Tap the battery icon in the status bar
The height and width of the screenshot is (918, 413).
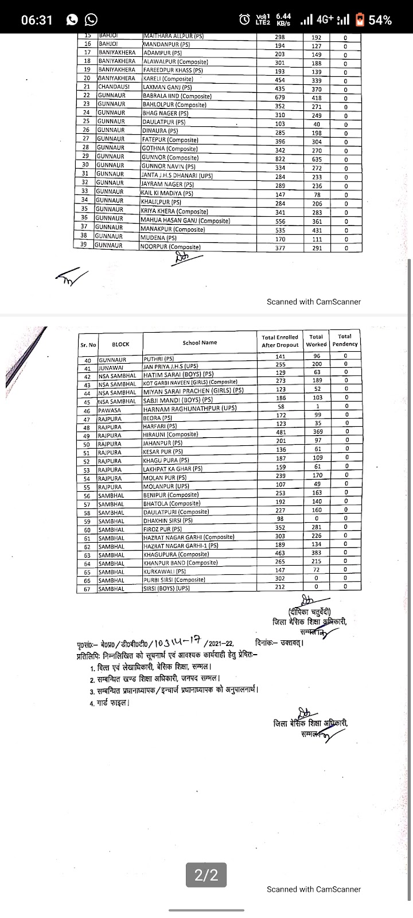pyautogui.click(x=360, y=20)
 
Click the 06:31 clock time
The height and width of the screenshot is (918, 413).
pyautogui.click(x=37, y=20)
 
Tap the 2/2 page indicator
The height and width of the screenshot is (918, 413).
pyautogui.click(x=206, y=876)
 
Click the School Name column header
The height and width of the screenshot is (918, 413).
pyautogui.click(x=200, y=343)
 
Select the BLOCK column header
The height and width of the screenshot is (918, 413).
pyautogui.click(x=120, y=344)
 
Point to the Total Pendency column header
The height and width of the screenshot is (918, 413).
pyautogui.click(x=345, y=340)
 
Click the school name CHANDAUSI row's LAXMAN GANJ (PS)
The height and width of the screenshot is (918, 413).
pyautogui.click(x=167, y=87)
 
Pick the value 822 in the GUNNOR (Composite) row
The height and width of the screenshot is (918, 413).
pyautogui.click(x=279, y=157)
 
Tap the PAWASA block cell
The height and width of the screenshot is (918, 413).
pyautogui.click(x=110, y=411)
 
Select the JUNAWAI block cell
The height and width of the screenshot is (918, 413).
pyautogui.click(x=111, y=365)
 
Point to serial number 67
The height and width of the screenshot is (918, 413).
pyautogui.click(x=87, y=589)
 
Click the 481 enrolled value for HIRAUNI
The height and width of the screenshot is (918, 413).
pyautogui.click(x=280, y=432)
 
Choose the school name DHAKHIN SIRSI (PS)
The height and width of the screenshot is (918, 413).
pyautogui.click(x=167, y=520)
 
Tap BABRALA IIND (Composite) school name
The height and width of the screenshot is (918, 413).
pyautogui.click(x=177, y=96)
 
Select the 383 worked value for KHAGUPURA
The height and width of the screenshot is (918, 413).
pyautogui.click(x=316, y=553)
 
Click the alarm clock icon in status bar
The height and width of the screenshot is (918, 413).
pyautogui.click(x=245, y=20)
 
